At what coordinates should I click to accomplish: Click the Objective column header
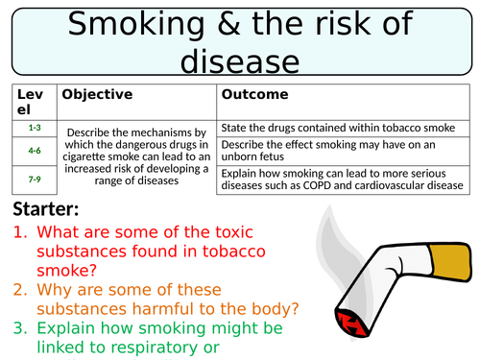96,95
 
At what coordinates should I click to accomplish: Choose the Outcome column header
254,95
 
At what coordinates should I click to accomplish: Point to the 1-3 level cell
34,127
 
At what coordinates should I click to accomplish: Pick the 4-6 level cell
34,150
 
